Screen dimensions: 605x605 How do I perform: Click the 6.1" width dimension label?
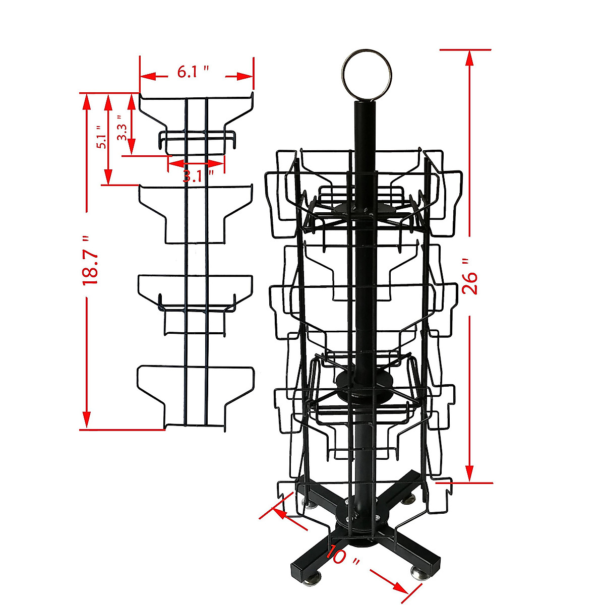coord(193,72)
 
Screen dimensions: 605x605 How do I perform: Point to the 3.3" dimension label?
coord(122,130)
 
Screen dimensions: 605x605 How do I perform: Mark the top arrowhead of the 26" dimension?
coord(469,58)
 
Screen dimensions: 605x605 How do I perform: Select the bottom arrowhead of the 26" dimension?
coord(469,474)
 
